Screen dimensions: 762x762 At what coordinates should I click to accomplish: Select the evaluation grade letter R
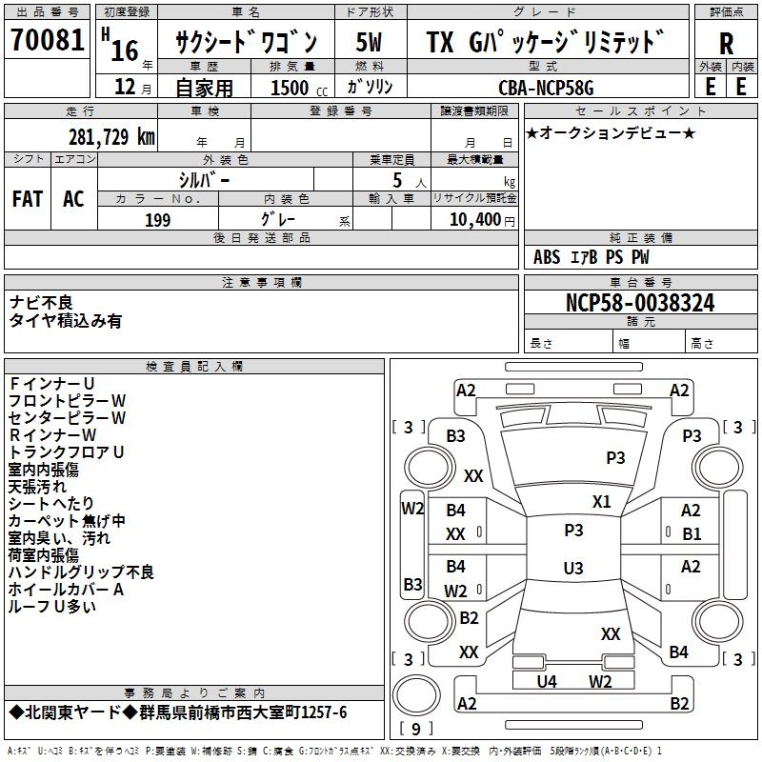point(726,43)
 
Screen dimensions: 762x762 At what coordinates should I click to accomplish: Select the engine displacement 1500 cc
point(291,88)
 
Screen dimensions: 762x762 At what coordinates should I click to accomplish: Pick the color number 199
point(157,220)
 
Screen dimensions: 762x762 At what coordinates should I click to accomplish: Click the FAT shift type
point(27,199)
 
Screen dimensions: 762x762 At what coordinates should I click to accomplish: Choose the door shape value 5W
point(369,42)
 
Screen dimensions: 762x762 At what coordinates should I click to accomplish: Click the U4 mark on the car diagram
point(547,681)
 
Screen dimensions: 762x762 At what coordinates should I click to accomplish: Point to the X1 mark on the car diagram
point(601,501)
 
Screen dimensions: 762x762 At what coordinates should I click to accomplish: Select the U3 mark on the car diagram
point(572,569)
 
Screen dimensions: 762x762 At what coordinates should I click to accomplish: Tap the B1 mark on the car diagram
point(691,533)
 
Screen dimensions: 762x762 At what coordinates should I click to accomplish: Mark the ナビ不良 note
point(41,302)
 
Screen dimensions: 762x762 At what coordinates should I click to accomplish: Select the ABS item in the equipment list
point(547,256)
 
